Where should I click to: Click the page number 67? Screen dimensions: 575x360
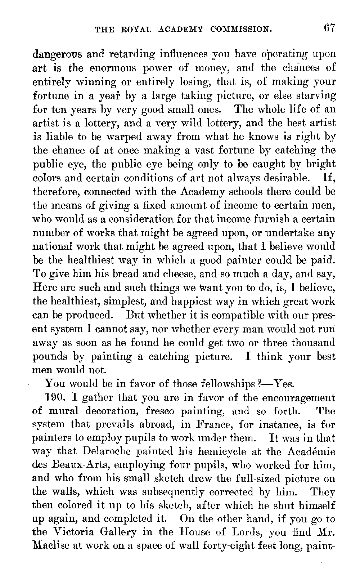(x=329, y=28)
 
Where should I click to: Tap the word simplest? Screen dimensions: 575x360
(x=126, y=302)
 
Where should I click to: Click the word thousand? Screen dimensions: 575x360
(x=313, y=343)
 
